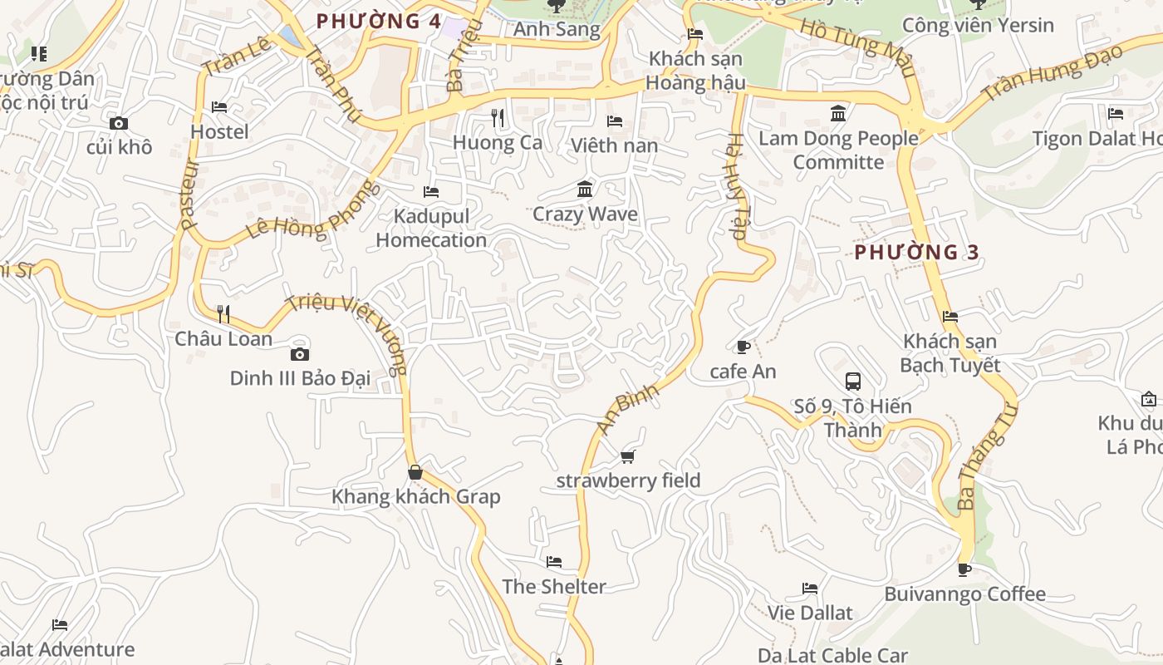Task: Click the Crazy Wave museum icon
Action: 585,190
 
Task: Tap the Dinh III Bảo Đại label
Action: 300,378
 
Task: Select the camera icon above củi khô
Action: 119,123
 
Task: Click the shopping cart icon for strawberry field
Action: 628,456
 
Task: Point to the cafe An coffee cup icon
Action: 743,347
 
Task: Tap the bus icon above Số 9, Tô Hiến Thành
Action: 852,382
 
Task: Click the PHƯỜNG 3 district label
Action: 917,252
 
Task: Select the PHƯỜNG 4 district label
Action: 379,21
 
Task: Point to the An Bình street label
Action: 627,407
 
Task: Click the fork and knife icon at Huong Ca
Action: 498,118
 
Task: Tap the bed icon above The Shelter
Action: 554,562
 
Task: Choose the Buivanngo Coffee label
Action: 964,594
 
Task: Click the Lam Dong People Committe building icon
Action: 838,113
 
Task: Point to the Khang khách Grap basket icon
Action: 415,472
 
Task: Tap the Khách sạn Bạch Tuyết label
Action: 950,353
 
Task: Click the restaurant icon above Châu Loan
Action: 223,313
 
